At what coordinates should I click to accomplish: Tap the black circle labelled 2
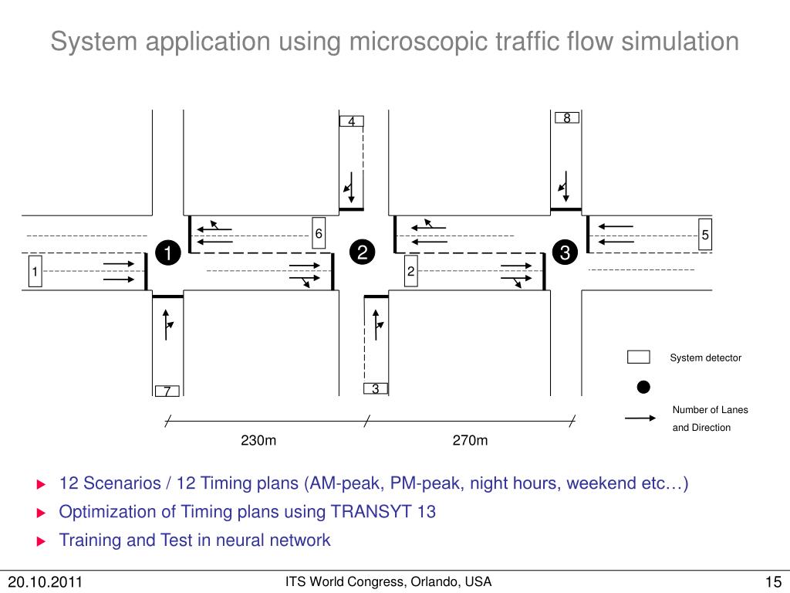361,253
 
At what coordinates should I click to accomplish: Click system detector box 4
351,121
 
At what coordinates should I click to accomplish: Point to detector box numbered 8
566,118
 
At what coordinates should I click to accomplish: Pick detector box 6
318,234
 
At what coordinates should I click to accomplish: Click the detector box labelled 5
705,236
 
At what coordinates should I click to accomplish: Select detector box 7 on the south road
167,391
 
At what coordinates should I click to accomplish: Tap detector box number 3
375,388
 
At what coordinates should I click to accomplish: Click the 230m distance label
258,441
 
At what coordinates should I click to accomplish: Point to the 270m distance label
470,441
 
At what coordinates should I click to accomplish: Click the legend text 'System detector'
705,357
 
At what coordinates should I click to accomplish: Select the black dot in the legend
643,386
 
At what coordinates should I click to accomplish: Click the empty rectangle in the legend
638,357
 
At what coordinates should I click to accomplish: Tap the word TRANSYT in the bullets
371,512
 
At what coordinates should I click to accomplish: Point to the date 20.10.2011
46,581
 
